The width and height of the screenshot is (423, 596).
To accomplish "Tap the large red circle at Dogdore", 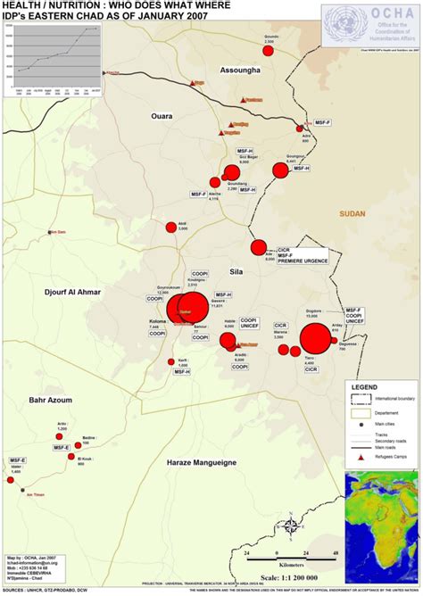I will (x=314, y=340).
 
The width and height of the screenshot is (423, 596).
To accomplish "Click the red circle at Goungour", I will (x=278, y=170).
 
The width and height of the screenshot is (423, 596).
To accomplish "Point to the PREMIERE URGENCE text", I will (x=302, y=261).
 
